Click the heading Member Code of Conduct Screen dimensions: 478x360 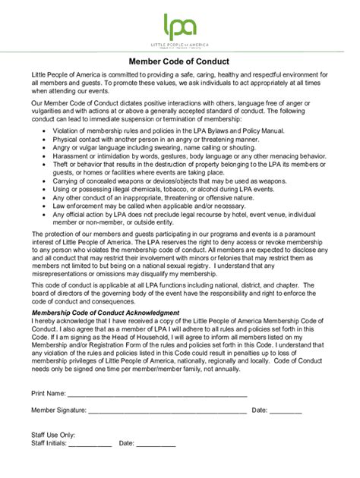click(179, 61)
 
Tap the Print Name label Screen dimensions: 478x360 click(48, 395)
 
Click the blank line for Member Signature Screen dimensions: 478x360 click(167, 411)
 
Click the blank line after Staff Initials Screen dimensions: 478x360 click(90, 444)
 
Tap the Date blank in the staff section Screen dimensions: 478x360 click(156, 444)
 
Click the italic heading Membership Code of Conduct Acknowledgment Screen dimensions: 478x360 click(105, 313)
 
